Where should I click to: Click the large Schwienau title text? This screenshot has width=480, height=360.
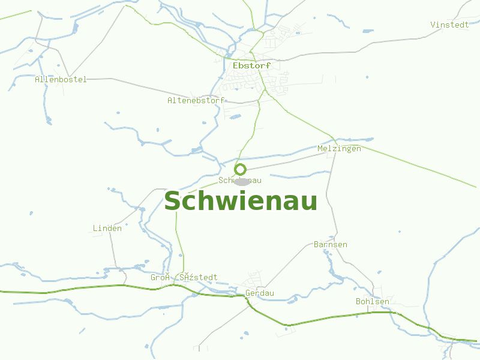(241, 202)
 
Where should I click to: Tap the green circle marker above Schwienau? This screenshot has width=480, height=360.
(241, 169)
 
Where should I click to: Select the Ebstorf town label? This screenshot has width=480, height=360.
(251, 65)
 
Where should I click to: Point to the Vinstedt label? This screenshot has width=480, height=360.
(449, 25)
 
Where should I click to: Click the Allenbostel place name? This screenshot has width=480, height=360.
(61, 79)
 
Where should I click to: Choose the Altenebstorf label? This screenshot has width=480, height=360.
(196, 100)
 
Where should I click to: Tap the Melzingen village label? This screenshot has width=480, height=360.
(339, 148)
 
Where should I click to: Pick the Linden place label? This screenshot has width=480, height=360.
(107, 228)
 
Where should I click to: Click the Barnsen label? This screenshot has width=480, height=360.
(331, 245)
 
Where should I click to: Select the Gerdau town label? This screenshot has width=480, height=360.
(260, 293)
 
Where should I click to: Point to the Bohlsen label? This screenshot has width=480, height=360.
(373, 301)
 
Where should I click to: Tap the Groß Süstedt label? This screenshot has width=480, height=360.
(184, 277)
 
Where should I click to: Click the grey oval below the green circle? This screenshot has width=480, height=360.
(241, 181)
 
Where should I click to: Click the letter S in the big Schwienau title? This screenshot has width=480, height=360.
(173, 202)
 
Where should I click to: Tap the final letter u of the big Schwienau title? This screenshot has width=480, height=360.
(310, 202)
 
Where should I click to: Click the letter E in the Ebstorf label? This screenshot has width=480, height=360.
(235, 65)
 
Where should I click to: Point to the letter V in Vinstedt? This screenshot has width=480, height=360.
(433, 25)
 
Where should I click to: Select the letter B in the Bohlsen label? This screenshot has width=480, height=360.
(358, 301)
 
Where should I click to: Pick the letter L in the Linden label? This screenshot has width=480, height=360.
(95, 228)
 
